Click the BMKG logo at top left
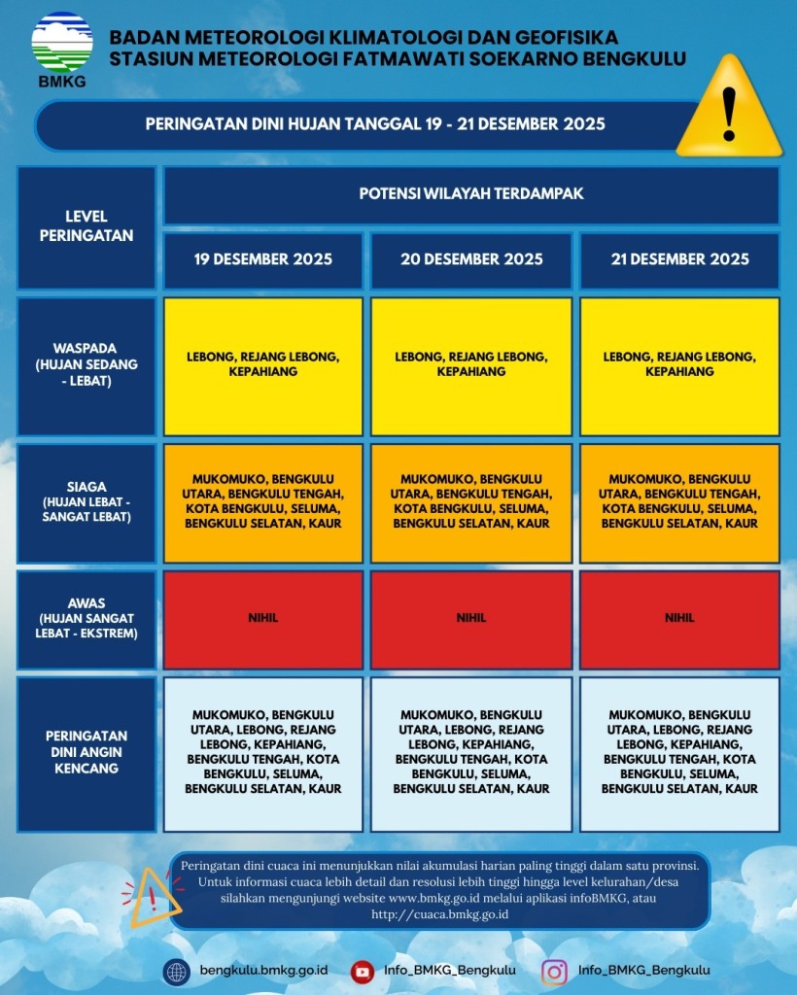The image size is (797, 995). [62, 48]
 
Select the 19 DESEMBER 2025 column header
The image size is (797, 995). [262, 259]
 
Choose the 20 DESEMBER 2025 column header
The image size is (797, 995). [471, 259]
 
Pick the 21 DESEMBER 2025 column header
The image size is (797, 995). [679, 259]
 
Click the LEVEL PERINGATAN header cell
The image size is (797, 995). [87, 226]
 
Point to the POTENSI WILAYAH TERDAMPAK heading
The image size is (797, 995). [471, 194]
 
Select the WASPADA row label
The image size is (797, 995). [87, 365]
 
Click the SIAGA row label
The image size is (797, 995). [87, 502]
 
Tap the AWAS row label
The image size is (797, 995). [87, 619]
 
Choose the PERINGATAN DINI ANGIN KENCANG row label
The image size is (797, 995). [87, 753]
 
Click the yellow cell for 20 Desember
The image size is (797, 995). [471, 365]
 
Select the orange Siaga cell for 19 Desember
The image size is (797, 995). [262, 502]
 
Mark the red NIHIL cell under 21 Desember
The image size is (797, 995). [679, 619]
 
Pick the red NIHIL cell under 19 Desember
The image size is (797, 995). [262, 619]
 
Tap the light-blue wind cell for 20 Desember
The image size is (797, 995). [471, 753]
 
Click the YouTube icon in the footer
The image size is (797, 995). [363, 971]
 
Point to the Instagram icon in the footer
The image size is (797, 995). [555, 971]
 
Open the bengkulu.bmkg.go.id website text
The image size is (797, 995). [263, 971]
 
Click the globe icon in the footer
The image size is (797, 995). [177, 971]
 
